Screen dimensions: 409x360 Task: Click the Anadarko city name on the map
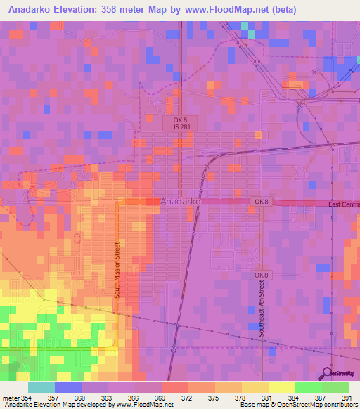[182, 201]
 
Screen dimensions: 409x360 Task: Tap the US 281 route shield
[181, 127]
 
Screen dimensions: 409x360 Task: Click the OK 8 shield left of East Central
[261, 202]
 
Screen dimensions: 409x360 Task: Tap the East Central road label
[344, 204]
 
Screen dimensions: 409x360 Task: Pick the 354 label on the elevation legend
[27, 398]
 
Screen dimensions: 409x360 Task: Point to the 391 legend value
[348, 398]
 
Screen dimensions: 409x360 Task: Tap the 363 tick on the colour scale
[108, 398]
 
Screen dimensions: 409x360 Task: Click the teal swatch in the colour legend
[41, 387]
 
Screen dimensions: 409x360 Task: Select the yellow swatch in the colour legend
[281, 387]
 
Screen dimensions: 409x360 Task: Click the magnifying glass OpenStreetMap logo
[328, 372]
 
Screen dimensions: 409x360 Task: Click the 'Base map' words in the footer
[249, 405]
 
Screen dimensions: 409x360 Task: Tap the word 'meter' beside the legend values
[10, 398]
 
